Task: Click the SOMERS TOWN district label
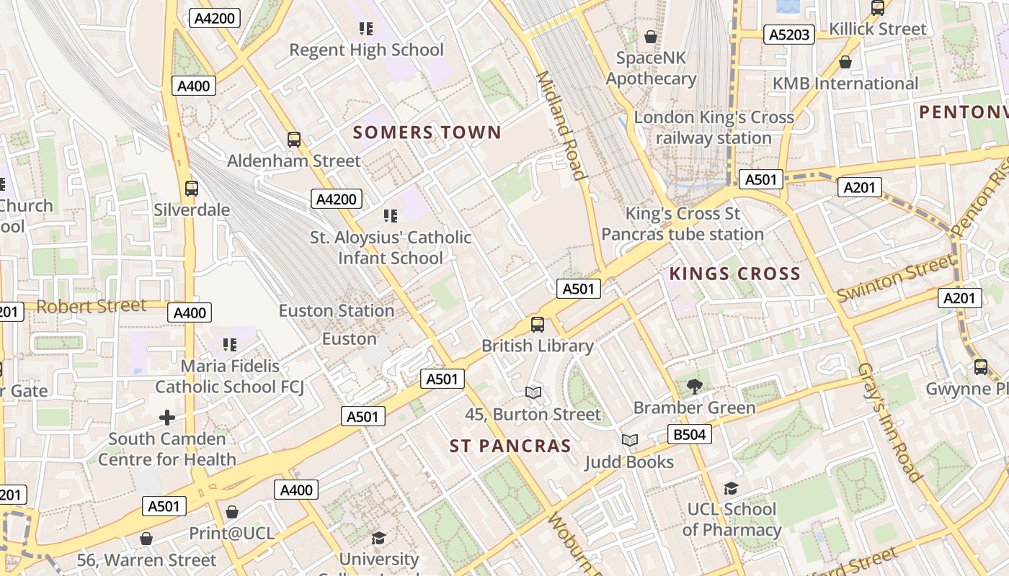[427, 132]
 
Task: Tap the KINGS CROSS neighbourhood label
[734, 274]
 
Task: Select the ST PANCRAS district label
[510, 446]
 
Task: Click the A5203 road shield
[790, 35]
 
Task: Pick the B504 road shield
[690, 434]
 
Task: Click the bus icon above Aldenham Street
[293, 140]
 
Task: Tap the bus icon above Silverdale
[191, 189]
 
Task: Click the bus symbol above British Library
[538, 324]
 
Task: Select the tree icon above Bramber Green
[694, 387]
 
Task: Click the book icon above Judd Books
[629, 440]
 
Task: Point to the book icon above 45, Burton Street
[533, 392]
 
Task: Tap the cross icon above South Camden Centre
[167, 417]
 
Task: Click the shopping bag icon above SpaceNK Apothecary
[651, 36]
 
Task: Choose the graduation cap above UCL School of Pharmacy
[731, 488]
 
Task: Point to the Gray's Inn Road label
[889, 422]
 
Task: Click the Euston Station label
[337, 311]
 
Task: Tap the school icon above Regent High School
[366, 29]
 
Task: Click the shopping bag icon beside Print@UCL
[231, 512]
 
